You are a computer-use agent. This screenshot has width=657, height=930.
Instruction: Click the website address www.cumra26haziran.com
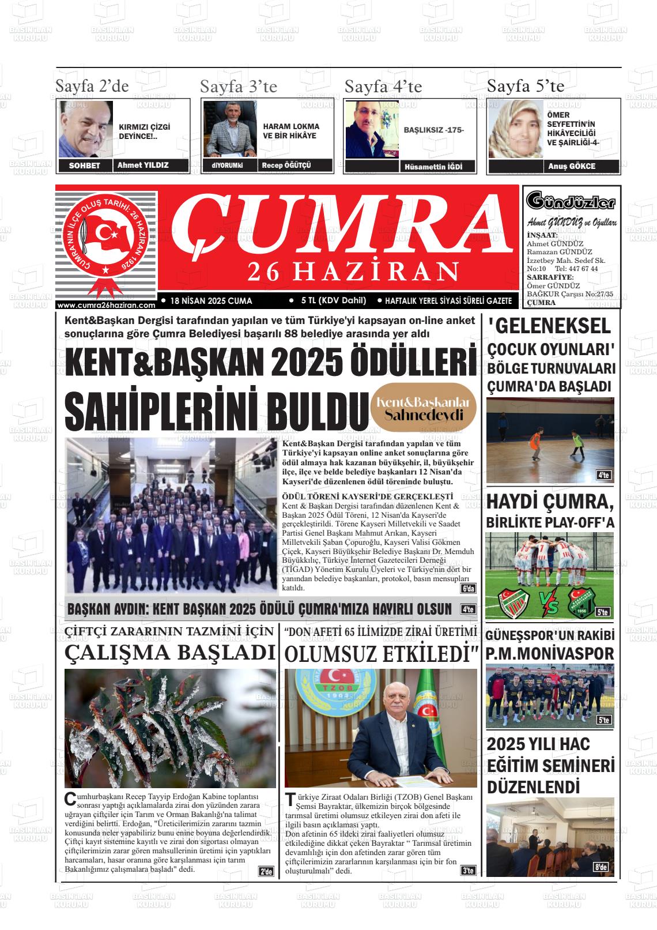tap(107, 306)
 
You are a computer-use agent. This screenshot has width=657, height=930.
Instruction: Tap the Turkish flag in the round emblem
tap(105, 233)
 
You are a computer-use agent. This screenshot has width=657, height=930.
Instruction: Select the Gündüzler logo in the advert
tap(571, 202)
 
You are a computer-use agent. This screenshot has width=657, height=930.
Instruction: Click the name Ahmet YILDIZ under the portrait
tap(143, 165)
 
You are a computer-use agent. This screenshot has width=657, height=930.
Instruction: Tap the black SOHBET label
tap(84, 166)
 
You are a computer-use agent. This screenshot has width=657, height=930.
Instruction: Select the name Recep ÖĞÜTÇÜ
tap(286, 165)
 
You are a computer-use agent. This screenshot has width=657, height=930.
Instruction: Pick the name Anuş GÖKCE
tap(572, 166)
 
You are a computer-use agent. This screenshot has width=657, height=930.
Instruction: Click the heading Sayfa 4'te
tap(383, 87)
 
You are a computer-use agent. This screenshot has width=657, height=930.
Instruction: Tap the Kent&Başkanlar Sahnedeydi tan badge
tap(423, 409)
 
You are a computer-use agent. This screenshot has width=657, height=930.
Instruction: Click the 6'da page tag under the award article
tap(468, 589)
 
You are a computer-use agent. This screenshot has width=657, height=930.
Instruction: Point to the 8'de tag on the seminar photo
tap(601, 867)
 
